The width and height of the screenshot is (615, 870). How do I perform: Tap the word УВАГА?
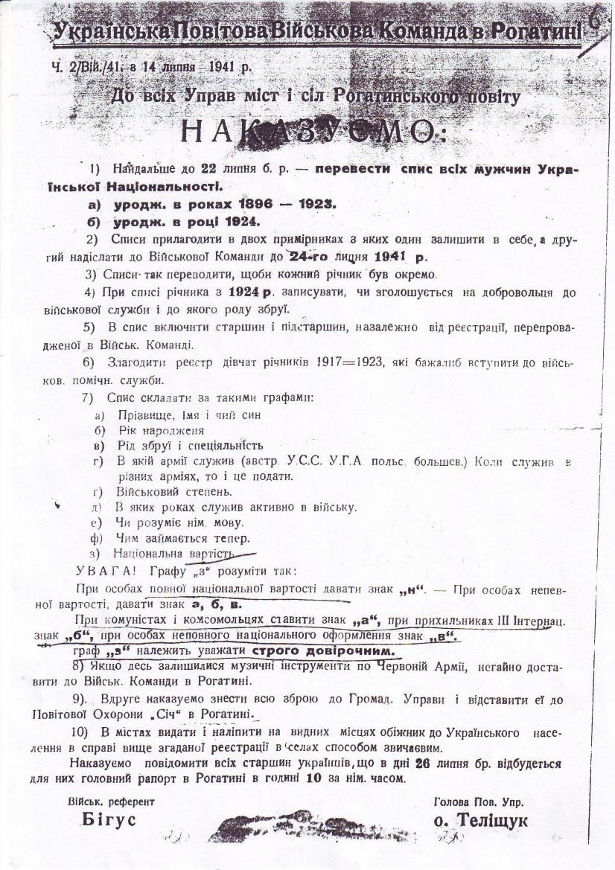click(x=103, y=570)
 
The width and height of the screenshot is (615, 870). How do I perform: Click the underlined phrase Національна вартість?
click(x=173, y=554)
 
